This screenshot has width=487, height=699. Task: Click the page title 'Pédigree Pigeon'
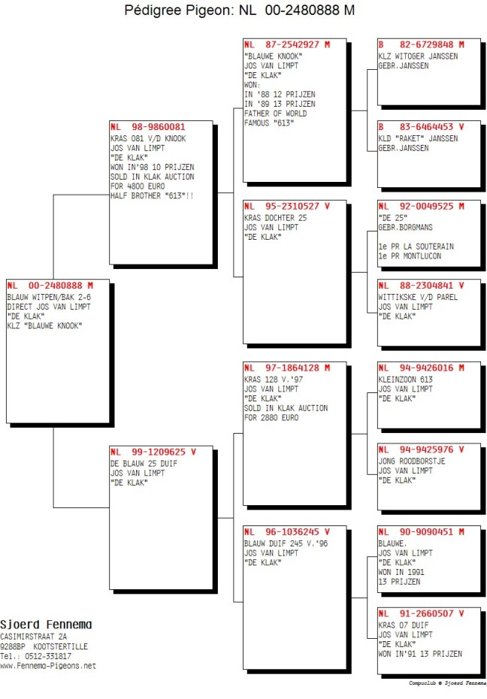click(178, 11)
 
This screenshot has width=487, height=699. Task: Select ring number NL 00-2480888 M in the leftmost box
click(50, 286)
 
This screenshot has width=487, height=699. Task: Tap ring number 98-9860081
click(158, 126)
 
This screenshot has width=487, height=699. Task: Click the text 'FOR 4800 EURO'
click(138, 186)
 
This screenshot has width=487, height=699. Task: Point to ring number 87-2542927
click(292, 44)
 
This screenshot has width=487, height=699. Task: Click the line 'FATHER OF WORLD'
click(275, 113)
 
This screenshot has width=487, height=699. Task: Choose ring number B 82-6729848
click(421, 44)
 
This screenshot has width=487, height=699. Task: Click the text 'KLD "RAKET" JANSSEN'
click(418, 138)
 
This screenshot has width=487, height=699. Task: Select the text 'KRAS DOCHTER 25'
click(275, 218)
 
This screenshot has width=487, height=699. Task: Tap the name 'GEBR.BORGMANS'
click(406, 227)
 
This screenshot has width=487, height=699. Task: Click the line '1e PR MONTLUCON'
click(410, 256)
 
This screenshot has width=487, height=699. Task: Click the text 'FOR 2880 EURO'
click(271, 418)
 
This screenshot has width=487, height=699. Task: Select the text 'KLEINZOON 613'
click(406, 380)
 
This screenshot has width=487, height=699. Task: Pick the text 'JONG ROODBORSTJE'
click(412, 461)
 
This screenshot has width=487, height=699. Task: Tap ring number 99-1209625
click(158, 452)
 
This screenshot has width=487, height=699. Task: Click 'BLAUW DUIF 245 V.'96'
click(286, 543)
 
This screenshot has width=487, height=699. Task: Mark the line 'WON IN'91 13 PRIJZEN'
click(420, 654)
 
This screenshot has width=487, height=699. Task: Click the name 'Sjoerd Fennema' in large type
click(46, 625)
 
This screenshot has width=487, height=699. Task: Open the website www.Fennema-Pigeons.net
click(48, 666)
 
